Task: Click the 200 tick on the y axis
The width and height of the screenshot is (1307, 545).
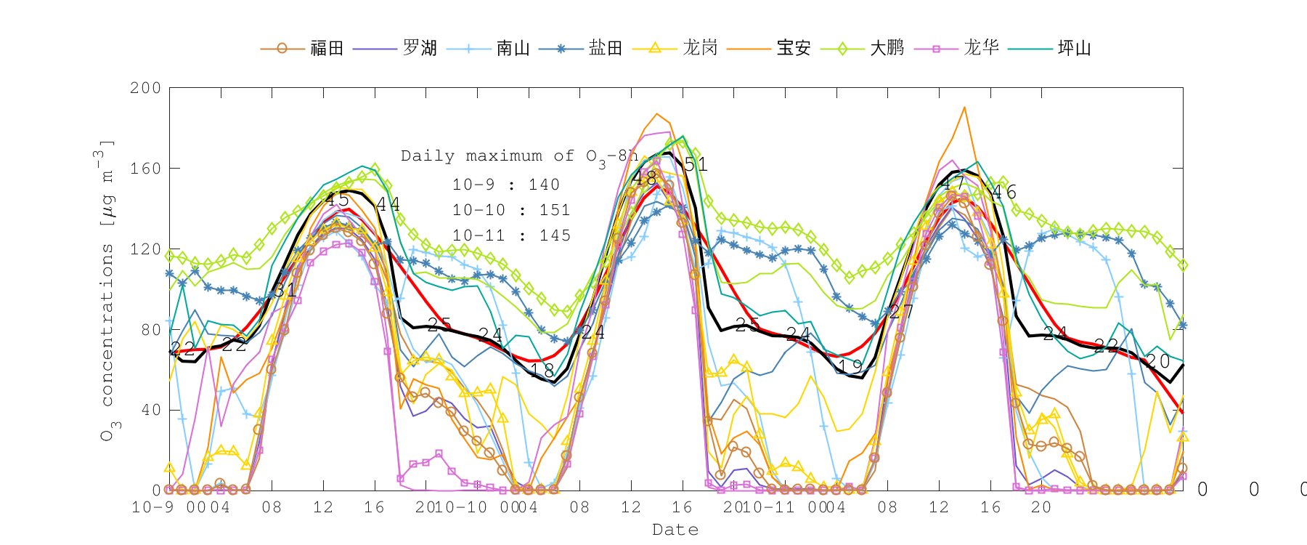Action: (145, 88)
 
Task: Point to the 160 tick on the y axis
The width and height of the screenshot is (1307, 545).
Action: (145, 169)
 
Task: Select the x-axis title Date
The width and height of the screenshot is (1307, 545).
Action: (675, 530)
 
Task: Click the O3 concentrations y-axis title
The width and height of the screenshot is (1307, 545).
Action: (107, 291)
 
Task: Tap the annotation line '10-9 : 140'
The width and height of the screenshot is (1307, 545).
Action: (506, 185)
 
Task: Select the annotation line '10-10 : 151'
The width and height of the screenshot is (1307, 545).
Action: (511, 210)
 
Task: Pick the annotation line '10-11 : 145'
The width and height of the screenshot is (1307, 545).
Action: (511, 235)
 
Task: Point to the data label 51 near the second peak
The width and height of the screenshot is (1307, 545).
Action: (695, 164)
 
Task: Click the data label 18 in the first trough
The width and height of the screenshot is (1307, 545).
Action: (542, 371)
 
